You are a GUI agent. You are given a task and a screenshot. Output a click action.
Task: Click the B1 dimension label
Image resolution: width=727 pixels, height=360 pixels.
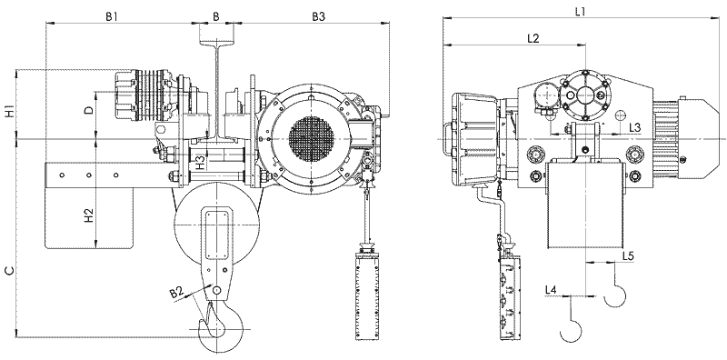point(111,16)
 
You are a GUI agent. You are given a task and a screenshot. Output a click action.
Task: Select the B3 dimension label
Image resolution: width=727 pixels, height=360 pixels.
point(318,16)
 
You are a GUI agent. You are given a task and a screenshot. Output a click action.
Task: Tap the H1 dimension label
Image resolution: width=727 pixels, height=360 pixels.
point(9,112)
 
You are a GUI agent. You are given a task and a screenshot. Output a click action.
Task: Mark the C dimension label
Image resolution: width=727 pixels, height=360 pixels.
point(9,271)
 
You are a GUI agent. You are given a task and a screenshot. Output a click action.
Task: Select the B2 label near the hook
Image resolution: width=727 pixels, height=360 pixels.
point(175,292)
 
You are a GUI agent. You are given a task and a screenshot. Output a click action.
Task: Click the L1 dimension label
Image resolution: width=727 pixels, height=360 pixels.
point(580,12)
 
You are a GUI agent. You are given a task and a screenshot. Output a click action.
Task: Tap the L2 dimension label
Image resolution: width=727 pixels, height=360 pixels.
point(533,39)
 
